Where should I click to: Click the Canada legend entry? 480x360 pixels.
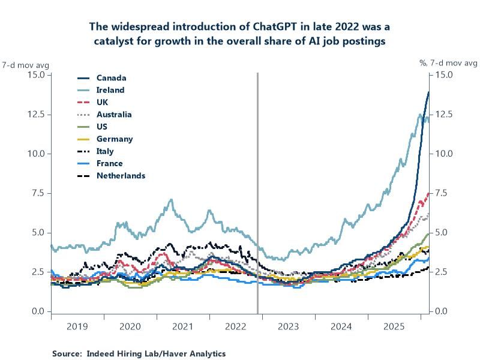click(x=111, y=78)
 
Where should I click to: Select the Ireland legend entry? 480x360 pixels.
click(x=110, y=90)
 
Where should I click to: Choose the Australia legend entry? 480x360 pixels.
click(x=114, y=115)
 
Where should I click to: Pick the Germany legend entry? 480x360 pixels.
click(x=114, y=139)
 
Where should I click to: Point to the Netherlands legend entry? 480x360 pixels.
click(x=121, y=176)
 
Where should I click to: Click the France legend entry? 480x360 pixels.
click(x=109, y=164)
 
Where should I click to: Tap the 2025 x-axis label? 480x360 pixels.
click(x=394, y=327)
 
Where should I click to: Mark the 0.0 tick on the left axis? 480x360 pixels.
click(x=38, y=311)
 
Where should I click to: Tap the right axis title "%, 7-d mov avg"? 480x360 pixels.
click(x=448, y=63)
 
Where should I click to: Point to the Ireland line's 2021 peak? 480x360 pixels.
click(x=172, y=200)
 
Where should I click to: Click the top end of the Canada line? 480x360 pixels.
click(x=428, y=92)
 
